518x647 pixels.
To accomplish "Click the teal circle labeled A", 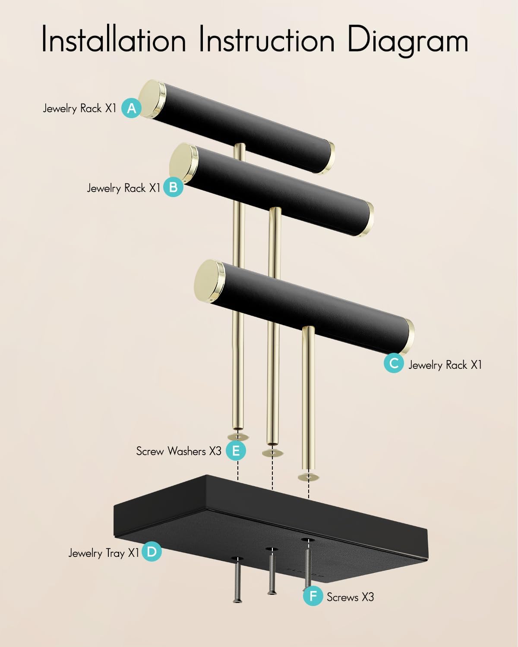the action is pyautogui.click(x=131, y=108).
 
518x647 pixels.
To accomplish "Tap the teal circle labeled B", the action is pyautogui.click(x=174, y=187).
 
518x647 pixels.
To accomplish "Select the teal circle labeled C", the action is pyautogui.click(x=394, y=363).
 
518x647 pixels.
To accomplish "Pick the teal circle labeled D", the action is pyautogui.click(x=152, y=551).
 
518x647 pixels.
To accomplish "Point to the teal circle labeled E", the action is pyautogui.click(x=236, y=450).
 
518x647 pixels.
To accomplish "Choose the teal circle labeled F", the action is pyautogui.click(x=313, y=596).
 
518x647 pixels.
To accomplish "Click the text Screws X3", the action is pyautogui.click(x=351, y=597).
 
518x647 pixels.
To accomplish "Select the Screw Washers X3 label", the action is pyautogui.click(x=179, y=451).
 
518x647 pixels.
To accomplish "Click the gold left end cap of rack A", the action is pyautogui.click(x=152, y=98).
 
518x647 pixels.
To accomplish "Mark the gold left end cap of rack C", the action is pyautogui.click(x=209, y=280).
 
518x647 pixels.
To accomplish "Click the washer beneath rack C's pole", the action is pyautogui.click(x=309, y=477).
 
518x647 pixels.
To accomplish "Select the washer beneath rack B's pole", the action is pyautogui.click(x=273, y=453).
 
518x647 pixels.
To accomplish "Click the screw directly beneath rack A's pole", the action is pyautogui.click(x=237, y=582).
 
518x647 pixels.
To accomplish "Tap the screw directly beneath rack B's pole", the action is pyautogui.click(x=272, y=575).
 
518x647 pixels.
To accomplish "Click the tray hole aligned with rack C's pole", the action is pyautogui.click(x=308, y=540).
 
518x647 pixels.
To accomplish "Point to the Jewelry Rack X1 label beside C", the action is pyautogui.click(x=445, y=365).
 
